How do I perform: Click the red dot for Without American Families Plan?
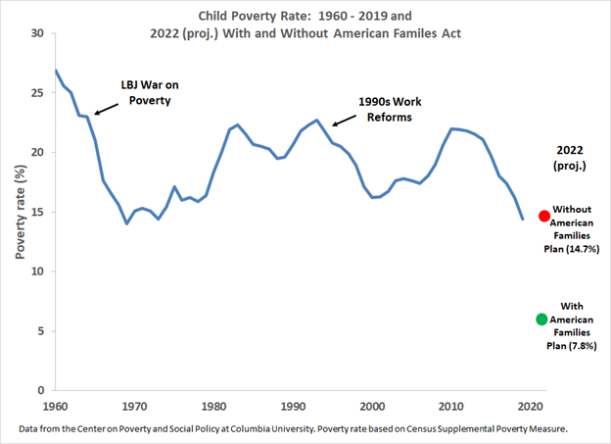point(543,216)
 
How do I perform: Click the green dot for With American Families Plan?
point(541,320)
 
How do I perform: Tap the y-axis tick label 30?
point(37,33)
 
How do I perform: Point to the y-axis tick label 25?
point(37,93)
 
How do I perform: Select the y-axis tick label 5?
point(40,331)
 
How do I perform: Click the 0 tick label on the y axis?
point(40,391)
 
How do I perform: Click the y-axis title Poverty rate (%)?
point(18,212)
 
